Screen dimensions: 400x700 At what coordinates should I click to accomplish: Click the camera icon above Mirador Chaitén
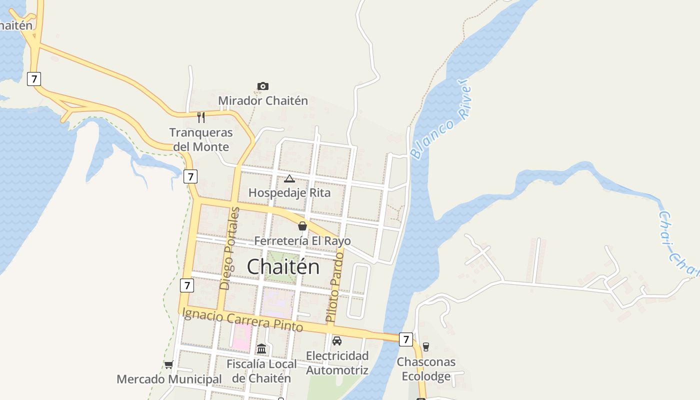[263, 86]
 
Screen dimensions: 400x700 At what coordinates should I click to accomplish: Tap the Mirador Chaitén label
[263, 100]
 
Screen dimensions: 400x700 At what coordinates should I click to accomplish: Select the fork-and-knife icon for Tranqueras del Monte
[201, 117]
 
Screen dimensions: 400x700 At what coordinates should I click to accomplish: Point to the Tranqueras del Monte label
[201, 139]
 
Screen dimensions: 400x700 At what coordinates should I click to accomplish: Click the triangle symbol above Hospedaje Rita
[289, 178]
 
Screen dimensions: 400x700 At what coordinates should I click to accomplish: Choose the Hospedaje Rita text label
[289, 192]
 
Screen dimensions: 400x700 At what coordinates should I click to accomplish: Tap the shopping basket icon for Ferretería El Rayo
[302, 226]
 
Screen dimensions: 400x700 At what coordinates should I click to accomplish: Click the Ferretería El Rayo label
[302, 241]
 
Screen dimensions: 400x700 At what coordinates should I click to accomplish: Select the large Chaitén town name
[283, 266]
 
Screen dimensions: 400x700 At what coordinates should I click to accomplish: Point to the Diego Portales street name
[229, 248]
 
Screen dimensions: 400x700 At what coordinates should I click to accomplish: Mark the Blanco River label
[440, 119]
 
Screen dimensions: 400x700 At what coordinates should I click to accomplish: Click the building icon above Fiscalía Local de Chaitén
[261, 348]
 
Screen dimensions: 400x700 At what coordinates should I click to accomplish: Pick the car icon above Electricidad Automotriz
[337, 341]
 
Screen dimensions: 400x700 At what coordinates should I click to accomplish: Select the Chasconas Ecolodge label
[426, 368]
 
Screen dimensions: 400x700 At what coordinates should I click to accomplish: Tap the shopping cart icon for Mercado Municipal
[169, 364]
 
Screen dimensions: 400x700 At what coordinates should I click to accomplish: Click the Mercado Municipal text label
[169, 379]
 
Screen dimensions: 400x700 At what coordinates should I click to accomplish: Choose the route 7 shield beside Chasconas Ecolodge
[406, 339]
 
